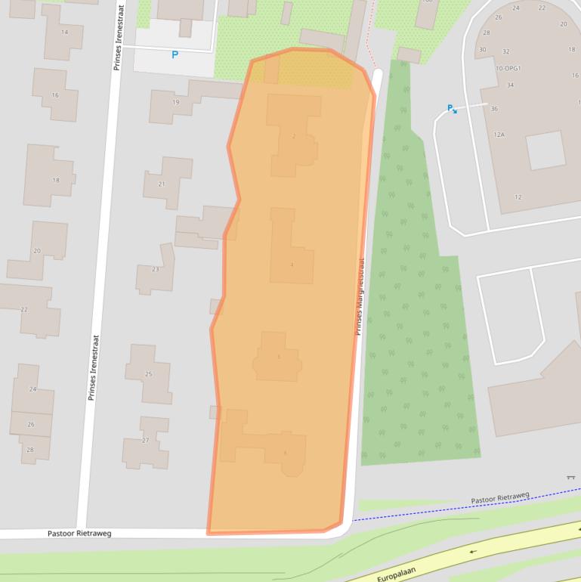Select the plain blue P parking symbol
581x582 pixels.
pos(175,54)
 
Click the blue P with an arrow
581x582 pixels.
pos(452,109)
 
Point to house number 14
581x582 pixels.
pos(64,32)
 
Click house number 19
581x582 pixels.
pos(176,102)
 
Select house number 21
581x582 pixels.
pos(162,184)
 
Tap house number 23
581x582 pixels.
pos(156,269)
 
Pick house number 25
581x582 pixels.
pos(148,373)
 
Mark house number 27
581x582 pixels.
pos(146,441)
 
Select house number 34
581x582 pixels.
pos(511,85)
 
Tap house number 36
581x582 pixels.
pos(494,109)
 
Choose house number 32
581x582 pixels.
pos(505,51)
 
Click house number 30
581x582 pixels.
pos(483,50)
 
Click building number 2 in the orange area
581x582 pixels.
pos(293,136)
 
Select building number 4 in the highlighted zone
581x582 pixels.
pos(292,265)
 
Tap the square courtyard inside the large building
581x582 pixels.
pos(545,150)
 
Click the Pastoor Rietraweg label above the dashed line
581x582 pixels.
pos(500,498)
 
